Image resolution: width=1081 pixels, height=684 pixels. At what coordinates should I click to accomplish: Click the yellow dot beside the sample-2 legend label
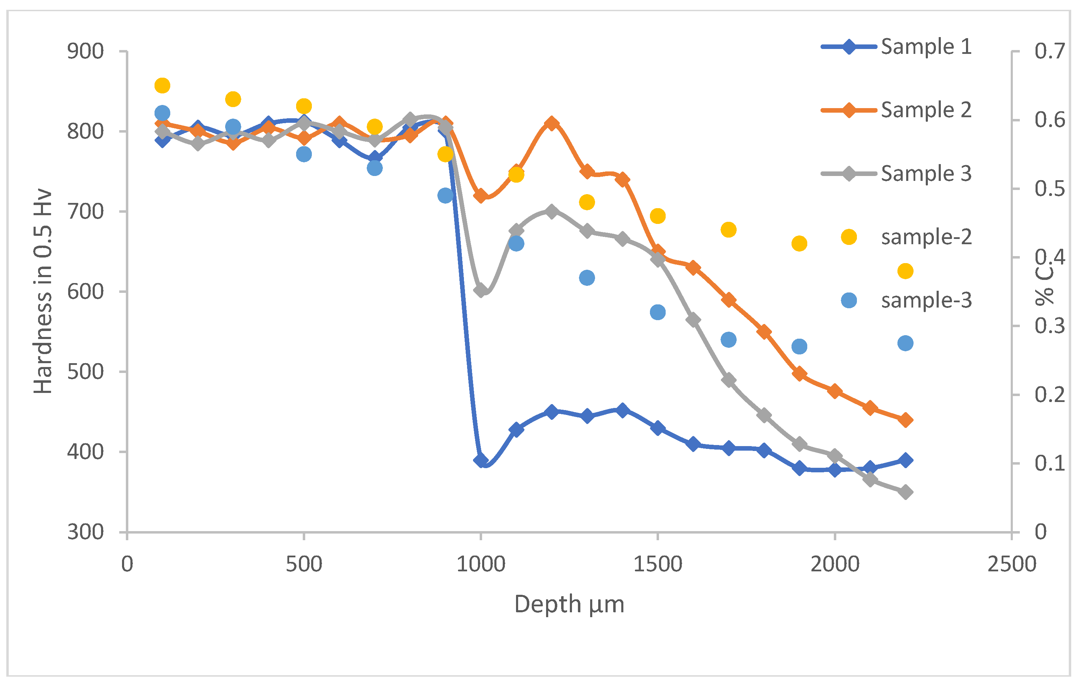pos(849,237)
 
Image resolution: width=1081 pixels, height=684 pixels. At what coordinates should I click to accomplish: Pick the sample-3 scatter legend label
pos(926,300)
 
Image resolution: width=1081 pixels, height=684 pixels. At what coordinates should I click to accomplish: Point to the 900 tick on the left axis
pos(85,51)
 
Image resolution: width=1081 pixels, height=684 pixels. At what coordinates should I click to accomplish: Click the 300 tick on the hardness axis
pos(85,532)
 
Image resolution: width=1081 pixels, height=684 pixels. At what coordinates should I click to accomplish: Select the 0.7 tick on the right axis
pos(1049,51)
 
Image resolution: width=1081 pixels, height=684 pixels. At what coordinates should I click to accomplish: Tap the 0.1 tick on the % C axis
pos(1049,463)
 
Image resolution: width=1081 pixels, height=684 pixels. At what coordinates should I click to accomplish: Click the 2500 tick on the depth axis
pos(1011,564)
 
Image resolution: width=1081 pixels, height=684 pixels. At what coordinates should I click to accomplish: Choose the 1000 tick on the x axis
pos(481,564)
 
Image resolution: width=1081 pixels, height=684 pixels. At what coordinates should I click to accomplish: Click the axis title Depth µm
pos(569,604)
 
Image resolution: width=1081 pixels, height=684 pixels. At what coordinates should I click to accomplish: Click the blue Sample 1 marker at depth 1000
pos(481,460)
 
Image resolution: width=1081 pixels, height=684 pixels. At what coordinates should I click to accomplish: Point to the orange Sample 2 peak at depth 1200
pos(552,124)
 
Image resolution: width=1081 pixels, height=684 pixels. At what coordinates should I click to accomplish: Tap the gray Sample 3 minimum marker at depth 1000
pos(481,290)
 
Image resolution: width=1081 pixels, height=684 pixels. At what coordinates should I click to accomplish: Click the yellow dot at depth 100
pos(162,85)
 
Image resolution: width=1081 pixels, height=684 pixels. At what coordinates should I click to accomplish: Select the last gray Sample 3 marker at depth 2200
pos(905,492)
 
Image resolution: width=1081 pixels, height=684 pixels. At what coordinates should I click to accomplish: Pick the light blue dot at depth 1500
pos(658,312)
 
